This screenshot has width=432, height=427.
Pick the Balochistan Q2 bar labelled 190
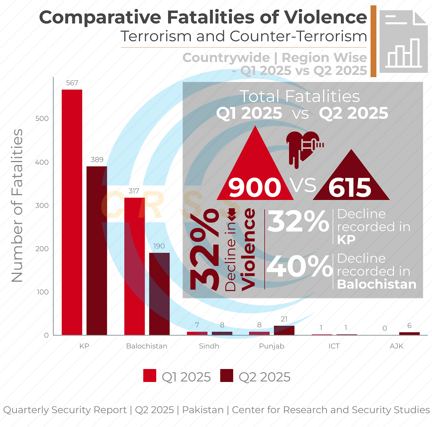pyautogui.click(x=159, y=294)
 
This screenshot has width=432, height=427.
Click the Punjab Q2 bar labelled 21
pyautogui.click(x=284, y=330)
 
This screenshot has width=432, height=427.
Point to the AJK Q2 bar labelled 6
pyautogui.click(x=409, y=334)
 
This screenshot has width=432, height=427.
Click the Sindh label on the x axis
pyautogui.click(x=209, y=346)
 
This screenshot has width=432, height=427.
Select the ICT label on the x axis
pyautogui.click(x=334, y=346)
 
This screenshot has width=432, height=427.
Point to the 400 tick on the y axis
pyautogui.click(x=42, y=162)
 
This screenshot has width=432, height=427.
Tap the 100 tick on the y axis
pyautogui.click(x=42, y=292)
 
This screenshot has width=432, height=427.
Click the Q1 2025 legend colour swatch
pyautogui.click(x=150, y=375)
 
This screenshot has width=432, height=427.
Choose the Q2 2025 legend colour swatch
pyautogui.click(x=227, y=375)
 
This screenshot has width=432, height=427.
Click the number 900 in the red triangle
pyautogui.click(x=255, y=187)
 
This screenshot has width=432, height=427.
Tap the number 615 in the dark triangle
pyautogui.click(x=350, y=188)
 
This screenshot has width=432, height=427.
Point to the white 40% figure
pyautogui.click(x=299, y=267)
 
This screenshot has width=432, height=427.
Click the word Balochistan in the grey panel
pyautogui.click(x=377, y=284)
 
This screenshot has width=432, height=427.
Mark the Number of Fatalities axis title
pyautogui.click(x=17, y=205)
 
